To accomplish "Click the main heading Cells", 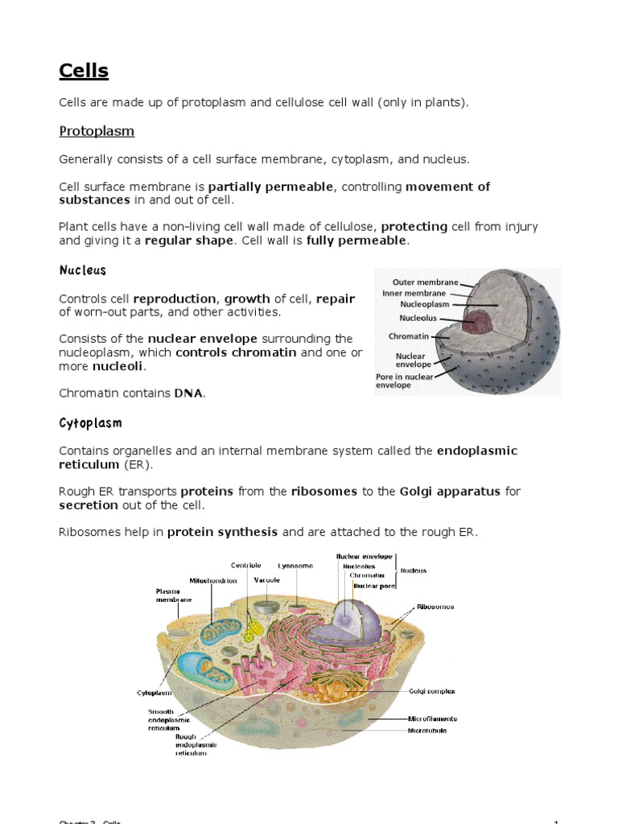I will (x=84, y=72).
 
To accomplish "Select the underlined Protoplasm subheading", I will (x=97, y=131).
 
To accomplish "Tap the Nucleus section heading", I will (x=83, y=271).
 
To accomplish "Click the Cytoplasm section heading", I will (x=91, y=422).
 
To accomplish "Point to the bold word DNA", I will (x=188, y=393).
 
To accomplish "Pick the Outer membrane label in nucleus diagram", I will (x=425, y=282).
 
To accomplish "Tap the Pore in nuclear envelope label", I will (x=405, y=381).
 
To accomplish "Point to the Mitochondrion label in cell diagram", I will (x=212, y=580).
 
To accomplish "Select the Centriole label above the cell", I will (x=246, y=565).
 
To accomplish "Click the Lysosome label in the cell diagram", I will (x=295, y=566).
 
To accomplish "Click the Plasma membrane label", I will (x=173, y=595).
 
